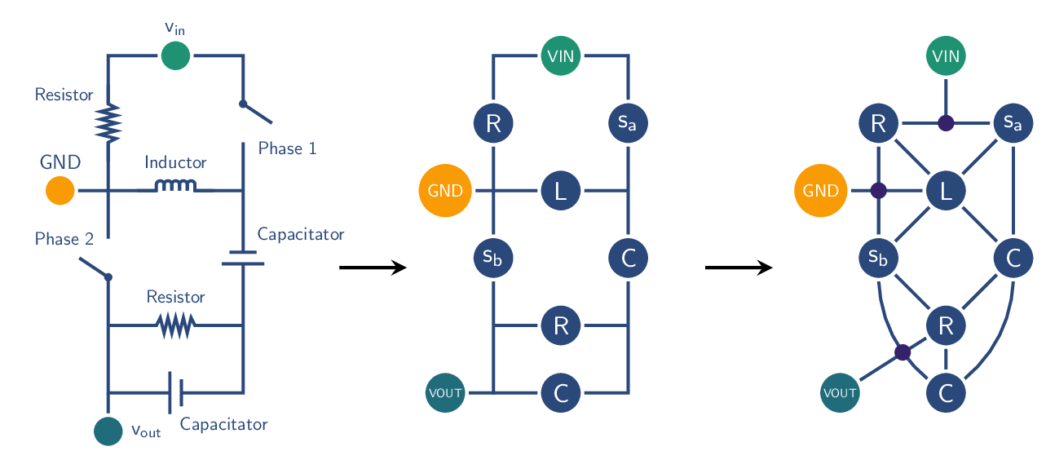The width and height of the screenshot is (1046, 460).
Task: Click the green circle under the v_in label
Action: pos(175,56)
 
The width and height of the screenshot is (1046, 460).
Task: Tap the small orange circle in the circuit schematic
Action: pos(60,191)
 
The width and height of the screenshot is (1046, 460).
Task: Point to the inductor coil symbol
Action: pos(175,187)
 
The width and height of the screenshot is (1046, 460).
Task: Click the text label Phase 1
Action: pos(287,148)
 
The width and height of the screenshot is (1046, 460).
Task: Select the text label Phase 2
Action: pos(64,239)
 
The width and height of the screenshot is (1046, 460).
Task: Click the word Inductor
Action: pos(175,162)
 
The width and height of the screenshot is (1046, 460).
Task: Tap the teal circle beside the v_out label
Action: pos(108,431)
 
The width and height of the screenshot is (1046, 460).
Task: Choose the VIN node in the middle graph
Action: pos(560,57)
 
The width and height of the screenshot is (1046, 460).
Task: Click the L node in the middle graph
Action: pos(560,192)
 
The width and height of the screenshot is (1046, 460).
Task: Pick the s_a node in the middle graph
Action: pos(628,124)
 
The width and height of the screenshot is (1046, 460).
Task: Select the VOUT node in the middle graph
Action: pos(445,393)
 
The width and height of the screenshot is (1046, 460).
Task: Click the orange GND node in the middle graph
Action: pos(445,192)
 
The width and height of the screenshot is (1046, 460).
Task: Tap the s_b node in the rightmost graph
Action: pos(878,259)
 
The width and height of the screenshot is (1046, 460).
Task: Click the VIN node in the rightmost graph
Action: pos(946,57)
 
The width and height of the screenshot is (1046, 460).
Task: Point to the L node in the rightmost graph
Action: pos(946,192)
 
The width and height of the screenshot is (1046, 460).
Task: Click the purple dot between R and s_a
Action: pos(946,124)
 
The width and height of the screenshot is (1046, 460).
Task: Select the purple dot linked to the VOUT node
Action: pos(903,352)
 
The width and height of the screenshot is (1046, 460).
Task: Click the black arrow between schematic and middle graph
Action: pos(373,268)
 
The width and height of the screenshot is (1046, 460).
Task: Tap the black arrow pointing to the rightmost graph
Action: pos(739,268)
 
